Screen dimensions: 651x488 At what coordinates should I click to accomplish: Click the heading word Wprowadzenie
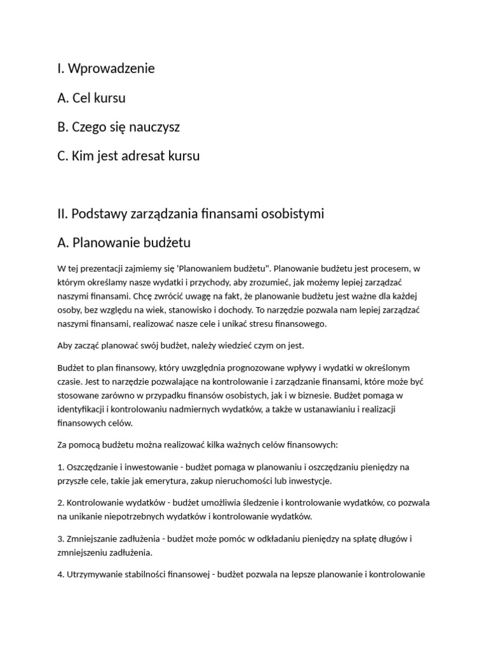(x=111, y=68)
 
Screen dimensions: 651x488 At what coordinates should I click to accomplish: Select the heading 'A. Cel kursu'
(x=91, y=98)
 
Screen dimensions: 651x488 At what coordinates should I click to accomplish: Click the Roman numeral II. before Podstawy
(x=62, y=214)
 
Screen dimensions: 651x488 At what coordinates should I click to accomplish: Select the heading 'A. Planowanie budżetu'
(x=123, y=243)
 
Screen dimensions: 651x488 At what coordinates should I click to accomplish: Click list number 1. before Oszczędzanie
(x=60, y=467)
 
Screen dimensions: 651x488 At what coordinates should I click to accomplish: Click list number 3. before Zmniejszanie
(x=60, y=538)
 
